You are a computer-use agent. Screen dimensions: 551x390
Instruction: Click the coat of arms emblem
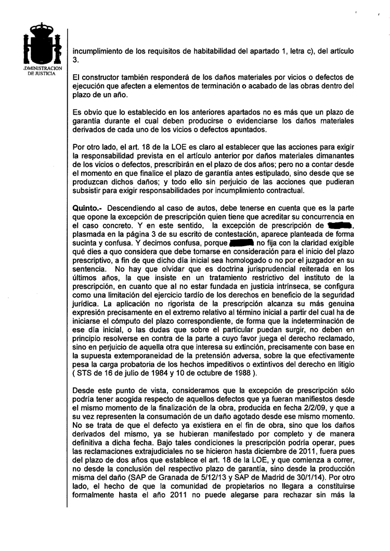tap(43, 46)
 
